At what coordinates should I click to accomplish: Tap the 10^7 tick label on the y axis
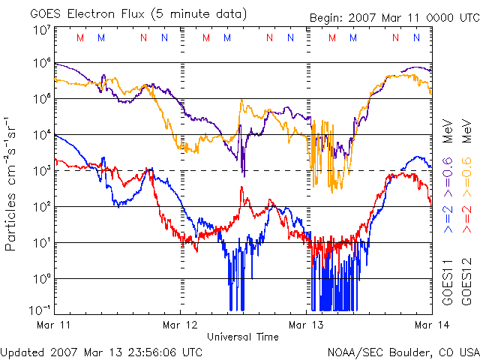click(40, 31)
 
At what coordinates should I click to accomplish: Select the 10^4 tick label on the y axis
click(40, 135)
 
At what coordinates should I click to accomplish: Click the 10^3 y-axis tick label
click(40, 171)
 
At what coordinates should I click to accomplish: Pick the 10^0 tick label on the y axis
click(40, 279)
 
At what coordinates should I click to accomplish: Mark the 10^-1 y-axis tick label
click(39, 309)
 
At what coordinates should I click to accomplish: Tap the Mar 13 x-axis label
click(303, 325)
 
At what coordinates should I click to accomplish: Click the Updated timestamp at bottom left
click(102, 351)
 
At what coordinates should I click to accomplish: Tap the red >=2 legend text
click(465, 217)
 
